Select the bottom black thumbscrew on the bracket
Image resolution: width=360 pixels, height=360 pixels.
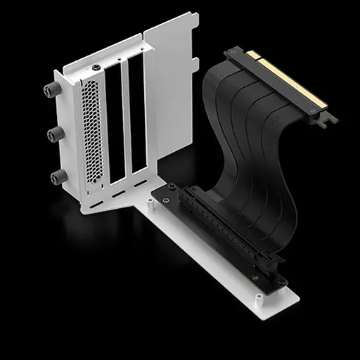54,175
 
